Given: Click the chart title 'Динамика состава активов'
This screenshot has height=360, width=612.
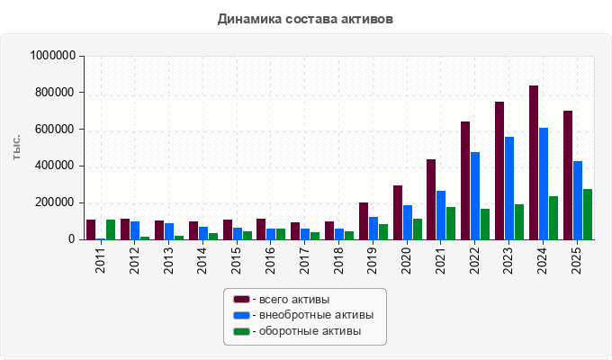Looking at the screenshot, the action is click(x=305, y=19).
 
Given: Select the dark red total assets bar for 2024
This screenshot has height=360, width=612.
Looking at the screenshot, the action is click(x=534, y=162).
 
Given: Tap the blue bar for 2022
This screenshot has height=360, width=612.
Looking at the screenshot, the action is click(x=475, y=195).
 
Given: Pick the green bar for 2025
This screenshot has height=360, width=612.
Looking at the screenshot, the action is click(x=588, y=214).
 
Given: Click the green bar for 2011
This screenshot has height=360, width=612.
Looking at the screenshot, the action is click(x=111, y=229).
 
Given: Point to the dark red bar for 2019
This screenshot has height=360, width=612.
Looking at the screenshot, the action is click(x=364, y=221).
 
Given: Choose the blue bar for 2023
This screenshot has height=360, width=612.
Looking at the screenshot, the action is click(x=509, y=188).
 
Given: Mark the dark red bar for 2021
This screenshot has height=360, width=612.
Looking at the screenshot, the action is click(x=431, y=200).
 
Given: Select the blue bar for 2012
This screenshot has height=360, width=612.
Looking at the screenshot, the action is click(x=135, y=230).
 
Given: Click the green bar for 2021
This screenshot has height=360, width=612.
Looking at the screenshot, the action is click(x=451, y=223).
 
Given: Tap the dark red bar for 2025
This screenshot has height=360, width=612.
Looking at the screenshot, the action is click(x=568, y=175).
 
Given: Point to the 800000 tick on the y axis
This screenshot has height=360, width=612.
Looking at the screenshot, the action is click(x=54, y=93).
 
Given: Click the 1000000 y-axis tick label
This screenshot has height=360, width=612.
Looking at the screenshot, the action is click(x=53, y=56).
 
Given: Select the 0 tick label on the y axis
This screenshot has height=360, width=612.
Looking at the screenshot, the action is click(x=71, y=239).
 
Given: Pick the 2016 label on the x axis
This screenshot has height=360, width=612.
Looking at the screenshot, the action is click(x=271, y=260).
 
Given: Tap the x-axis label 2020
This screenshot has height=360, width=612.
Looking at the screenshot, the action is click(x=406, y=260).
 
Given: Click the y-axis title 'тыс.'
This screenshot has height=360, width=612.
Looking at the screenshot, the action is click(x=16, y=148).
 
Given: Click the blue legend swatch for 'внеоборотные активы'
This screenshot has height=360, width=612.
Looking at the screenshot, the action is click(x=241, y=315).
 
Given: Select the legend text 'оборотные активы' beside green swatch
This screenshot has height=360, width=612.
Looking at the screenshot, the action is click(x=310, y=331).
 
